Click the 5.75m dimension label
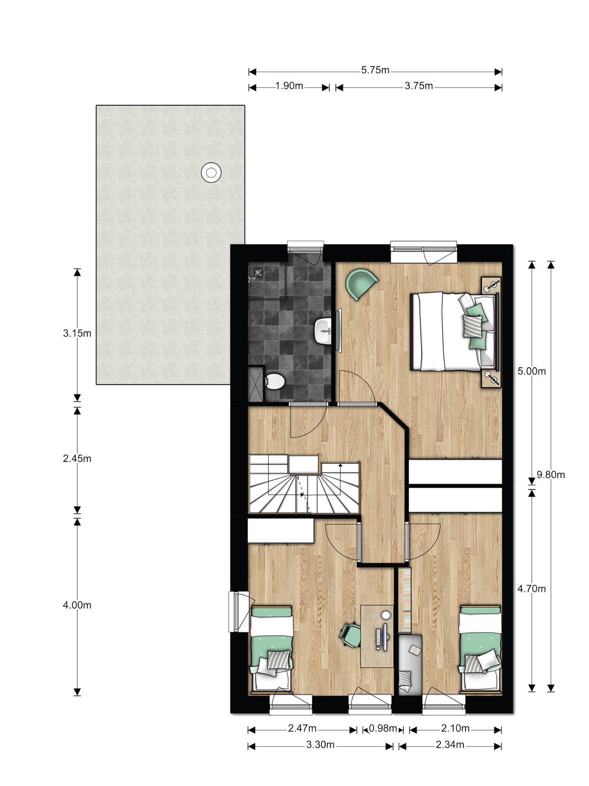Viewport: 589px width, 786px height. pyautogui.click(x=375, y=70)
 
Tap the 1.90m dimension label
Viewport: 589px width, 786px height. pyautogui.click(x=289, y=86)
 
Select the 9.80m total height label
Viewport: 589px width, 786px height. pyautogui.click(x=551, y=475)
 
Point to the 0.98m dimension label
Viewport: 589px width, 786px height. pyautogui.click(x=383, y=728)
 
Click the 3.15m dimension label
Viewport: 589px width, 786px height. pyautogui.click(x=77, y=333)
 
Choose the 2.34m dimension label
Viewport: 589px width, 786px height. pyautogui.click(x=450, y=745)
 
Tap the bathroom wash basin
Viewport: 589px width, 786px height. pyautogui.click(x=323, y=331)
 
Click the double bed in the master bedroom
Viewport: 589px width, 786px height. pyautogui.click(x=454, y=331)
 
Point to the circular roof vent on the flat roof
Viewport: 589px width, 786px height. pyautogui.click(x=211, y=173)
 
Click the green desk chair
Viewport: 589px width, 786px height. pyautogui.click(x=350, y=635)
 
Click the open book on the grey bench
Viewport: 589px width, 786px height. pyautogui.click(x=415, y=650)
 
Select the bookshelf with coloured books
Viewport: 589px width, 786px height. pyautogui.click(x=405, y=599)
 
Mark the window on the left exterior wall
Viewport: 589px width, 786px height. pyautogui.click(x=234, y=611)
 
